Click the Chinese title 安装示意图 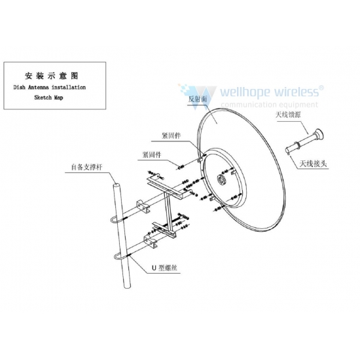point(52,76)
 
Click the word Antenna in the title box point(39,87)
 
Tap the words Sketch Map point(48,98)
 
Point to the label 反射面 point(198,99)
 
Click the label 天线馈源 point(288,115)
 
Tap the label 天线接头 point(313,164)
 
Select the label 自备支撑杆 point(87,167)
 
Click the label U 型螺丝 point(164,268)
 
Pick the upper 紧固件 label point(171,135)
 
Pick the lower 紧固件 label point(152,154)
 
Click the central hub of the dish point(222,179)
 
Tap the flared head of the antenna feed point(319,134)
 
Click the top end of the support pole point(117,185)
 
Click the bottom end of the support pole point(127,286)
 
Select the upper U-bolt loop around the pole point(115,220)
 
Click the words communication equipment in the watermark point(269,105)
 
